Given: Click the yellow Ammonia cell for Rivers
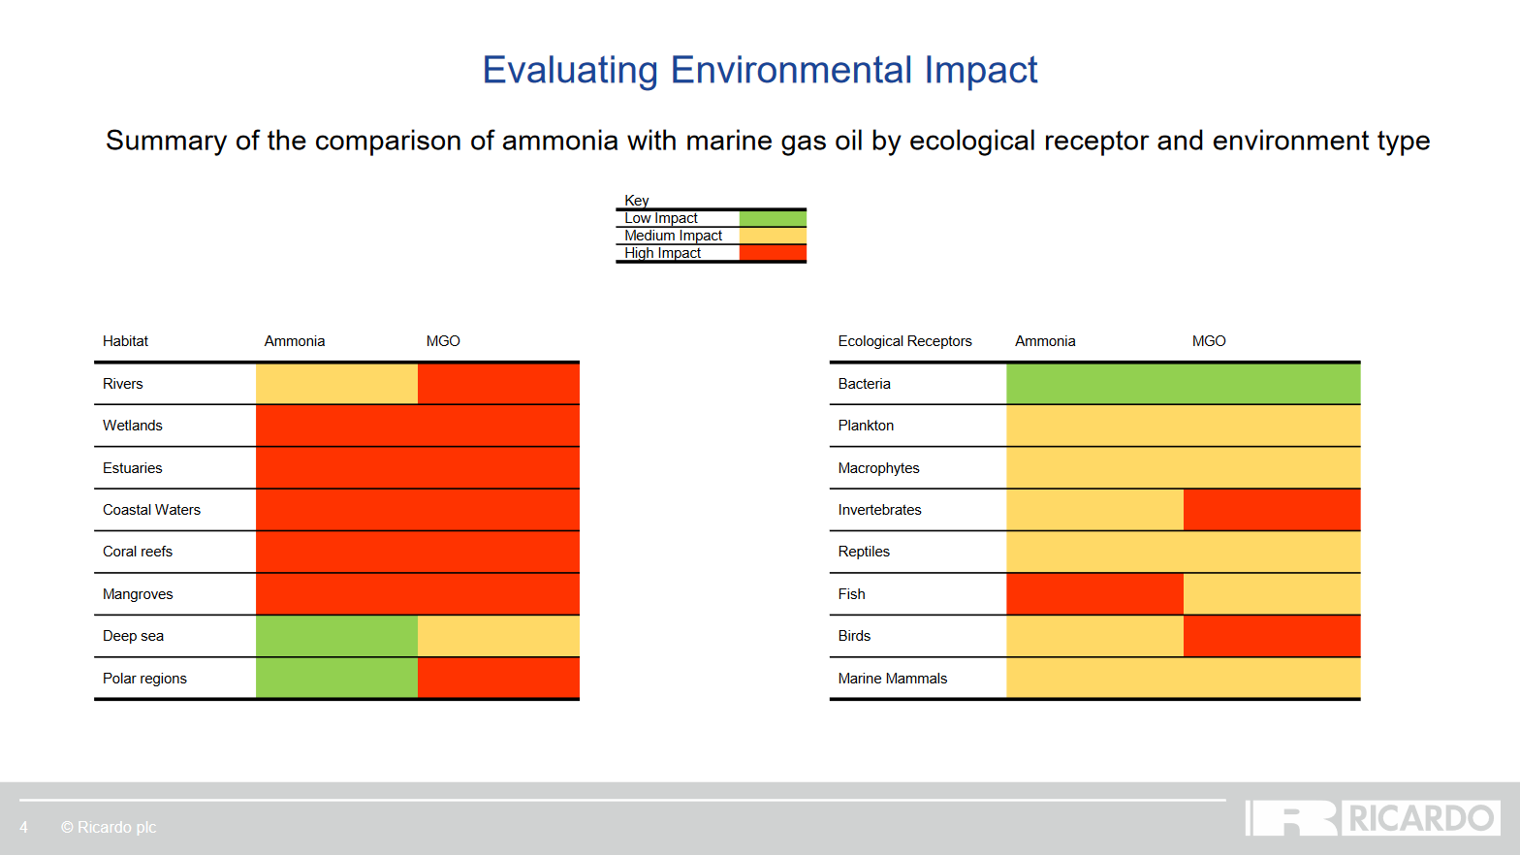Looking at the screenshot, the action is (x=336, y=384).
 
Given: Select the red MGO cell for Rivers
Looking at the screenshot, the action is (x=498, y=384).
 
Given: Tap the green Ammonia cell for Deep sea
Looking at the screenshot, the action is (x=336, y=637).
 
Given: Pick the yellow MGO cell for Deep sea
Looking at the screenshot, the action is (x=498, y=637).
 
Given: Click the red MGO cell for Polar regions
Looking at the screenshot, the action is (x=498, y=678).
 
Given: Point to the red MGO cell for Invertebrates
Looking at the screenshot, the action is (x=1272, y=510).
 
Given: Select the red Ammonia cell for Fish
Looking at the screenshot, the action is (x=1094, y=594).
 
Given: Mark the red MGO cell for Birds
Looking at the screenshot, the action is (x=1272, y=637).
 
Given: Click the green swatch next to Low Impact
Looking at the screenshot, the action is (x=773, y=218).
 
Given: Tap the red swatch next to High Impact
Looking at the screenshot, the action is (x=773, y=253).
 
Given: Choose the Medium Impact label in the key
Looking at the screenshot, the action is (x=673, y=236).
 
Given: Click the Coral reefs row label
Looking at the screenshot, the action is (x=138, y=552).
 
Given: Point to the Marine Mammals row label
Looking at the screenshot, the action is (x=892, y=679).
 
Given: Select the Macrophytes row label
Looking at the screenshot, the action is (x=878, y=468).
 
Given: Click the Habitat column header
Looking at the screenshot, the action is (x=126, y=341).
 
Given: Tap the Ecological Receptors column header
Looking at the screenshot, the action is (x=904, y=341).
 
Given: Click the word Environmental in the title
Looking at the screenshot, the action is (x=791, y=69).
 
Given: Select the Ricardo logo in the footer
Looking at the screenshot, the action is (x=1373, y=818).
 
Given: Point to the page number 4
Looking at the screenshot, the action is (x=23, y=827).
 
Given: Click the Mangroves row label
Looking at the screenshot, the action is (x=138, y=594).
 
